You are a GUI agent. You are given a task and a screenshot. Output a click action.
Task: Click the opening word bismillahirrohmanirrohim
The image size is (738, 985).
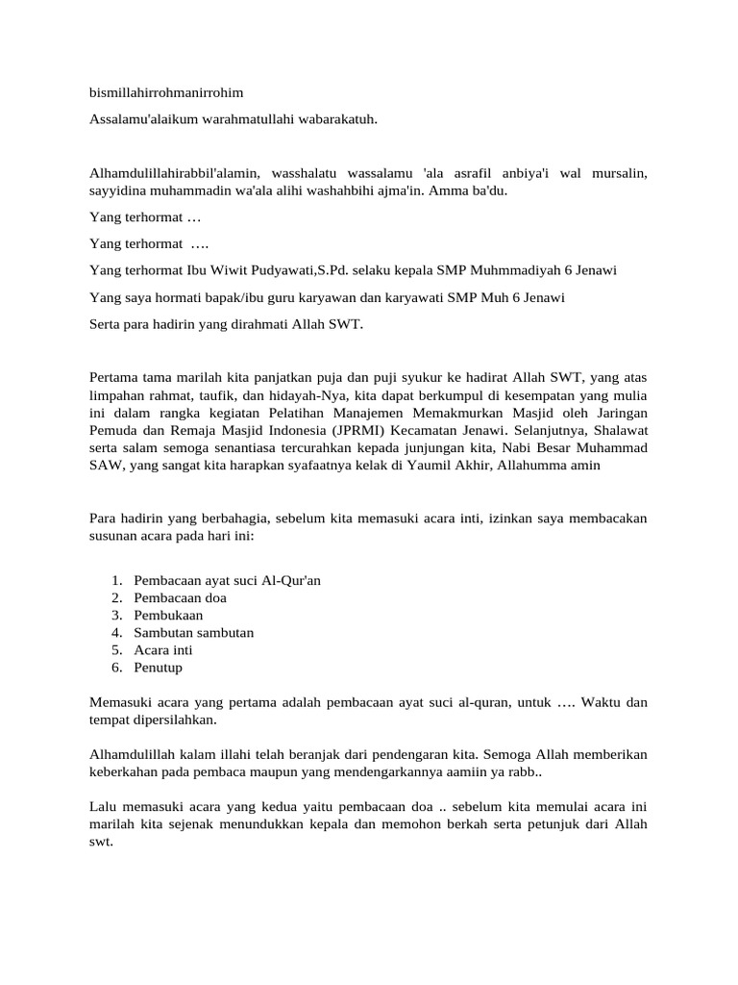[x=166, y=93]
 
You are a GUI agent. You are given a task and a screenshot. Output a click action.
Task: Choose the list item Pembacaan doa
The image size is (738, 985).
[x=181, y=597]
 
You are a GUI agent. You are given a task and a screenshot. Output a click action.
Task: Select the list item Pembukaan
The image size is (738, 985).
[x=168, y=615]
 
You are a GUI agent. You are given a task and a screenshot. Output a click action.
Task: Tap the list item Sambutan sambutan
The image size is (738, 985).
[x=194, y=632]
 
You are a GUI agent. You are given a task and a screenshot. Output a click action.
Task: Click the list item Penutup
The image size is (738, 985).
[x=159, y=667]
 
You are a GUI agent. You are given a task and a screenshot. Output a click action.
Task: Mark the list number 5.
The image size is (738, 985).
[x=115, y=649]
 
